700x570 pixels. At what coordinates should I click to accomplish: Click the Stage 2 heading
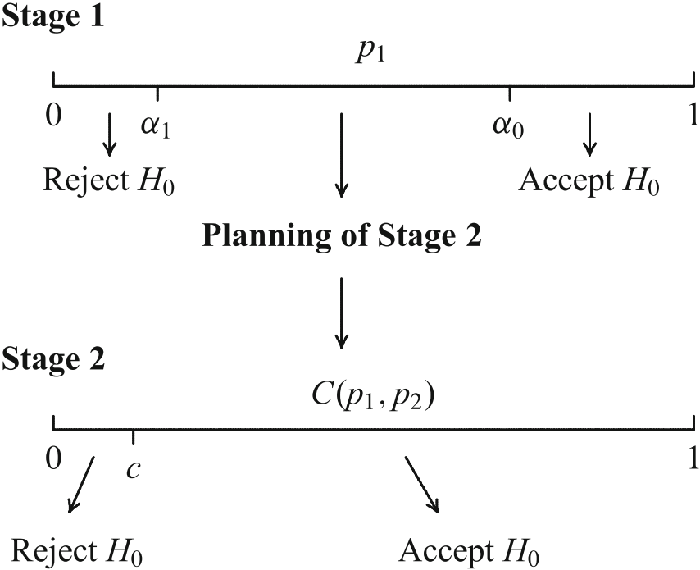(53, 359)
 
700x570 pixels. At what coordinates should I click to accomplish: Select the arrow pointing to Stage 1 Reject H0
(109, 135)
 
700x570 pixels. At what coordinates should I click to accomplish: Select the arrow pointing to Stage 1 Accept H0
(589, 135)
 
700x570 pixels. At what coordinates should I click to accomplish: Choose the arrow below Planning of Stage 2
(342, 312)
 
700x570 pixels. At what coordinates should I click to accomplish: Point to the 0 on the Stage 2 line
(54, 458)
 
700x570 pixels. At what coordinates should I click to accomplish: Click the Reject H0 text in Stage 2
(80, 550)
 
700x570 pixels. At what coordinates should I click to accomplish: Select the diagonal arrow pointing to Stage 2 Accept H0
(423, 484)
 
